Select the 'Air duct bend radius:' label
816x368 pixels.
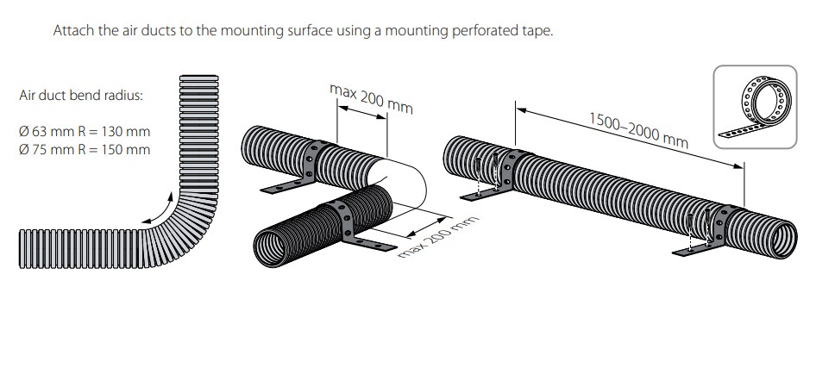pyautogui.click(x=81, y=96)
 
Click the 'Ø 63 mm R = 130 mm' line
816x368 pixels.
pyautogui.click(x=85, y=132)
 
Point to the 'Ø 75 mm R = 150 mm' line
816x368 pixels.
pyautogui.click(x=85, y=149)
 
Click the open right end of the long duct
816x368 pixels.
pyautogui.click(x=785, y=240)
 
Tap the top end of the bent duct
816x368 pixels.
pyautogui.click(x=199, y=80)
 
